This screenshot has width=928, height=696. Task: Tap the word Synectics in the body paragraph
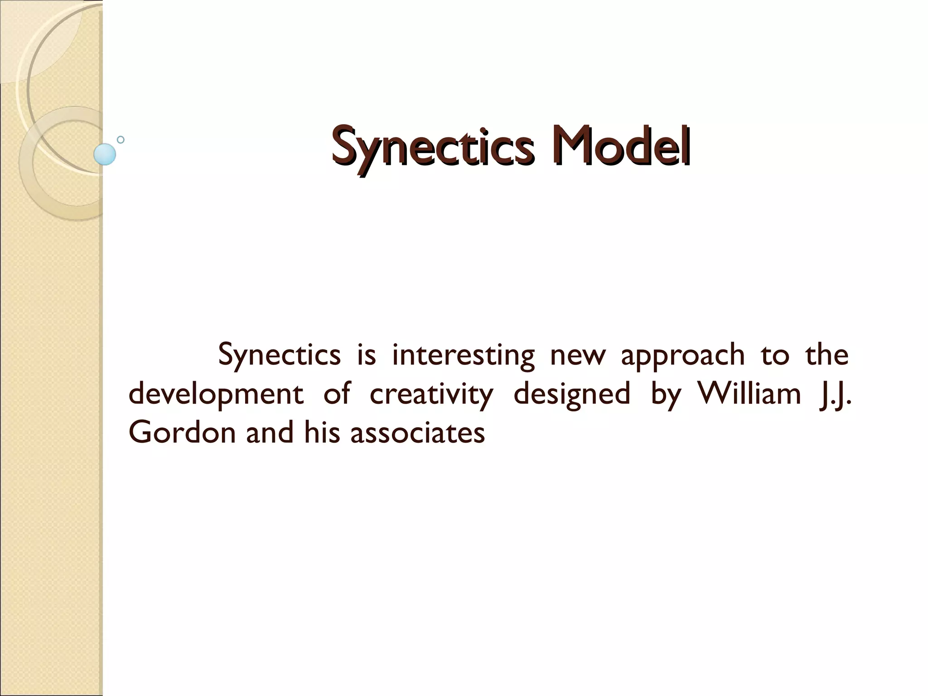[x=279, y=356]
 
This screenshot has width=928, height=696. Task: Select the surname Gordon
[x=182, y=432]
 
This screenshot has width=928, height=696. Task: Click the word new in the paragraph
[x=578, y=356]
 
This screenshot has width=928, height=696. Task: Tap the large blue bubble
[x=105, y=154]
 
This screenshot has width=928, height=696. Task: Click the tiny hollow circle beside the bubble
[x=121, y=140]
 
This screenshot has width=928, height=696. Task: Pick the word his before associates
[x=322, y=432]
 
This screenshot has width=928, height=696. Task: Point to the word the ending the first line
[x=826, y=355]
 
